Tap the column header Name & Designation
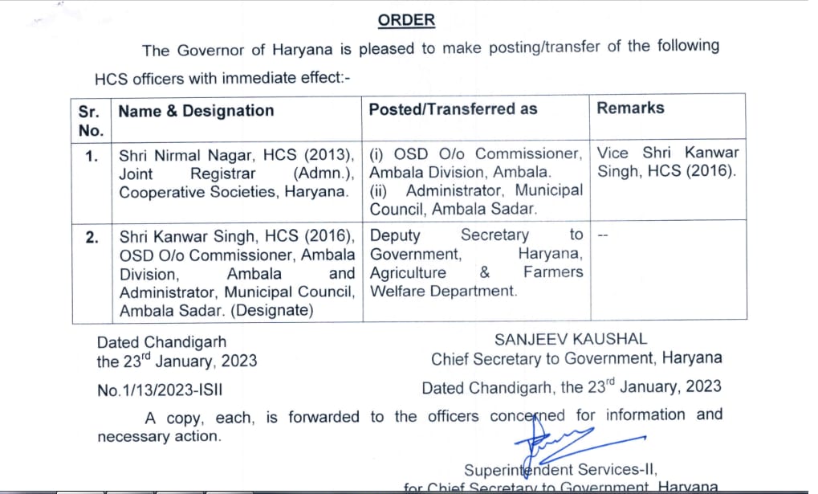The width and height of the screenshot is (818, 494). click(x=196, y=111)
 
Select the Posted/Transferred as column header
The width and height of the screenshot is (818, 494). click(x=453, y=109)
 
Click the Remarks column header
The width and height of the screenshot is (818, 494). click(x=630, y=108)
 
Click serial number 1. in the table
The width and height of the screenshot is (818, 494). click(x=92, y=155)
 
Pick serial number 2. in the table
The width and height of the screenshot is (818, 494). click(x=92, y=237)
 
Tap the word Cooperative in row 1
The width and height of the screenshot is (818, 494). click(x=159, y=192)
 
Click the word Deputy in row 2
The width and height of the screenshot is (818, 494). click(x=397, y=235)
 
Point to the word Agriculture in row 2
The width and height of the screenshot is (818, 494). click(x=408, y=273)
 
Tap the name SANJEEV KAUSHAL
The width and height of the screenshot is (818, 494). click(x=570, y=340)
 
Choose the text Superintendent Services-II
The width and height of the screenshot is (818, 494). click(x=560, y=470)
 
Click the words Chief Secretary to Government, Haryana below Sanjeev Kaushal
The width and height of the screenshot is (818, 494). click(x=576, y=358)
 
